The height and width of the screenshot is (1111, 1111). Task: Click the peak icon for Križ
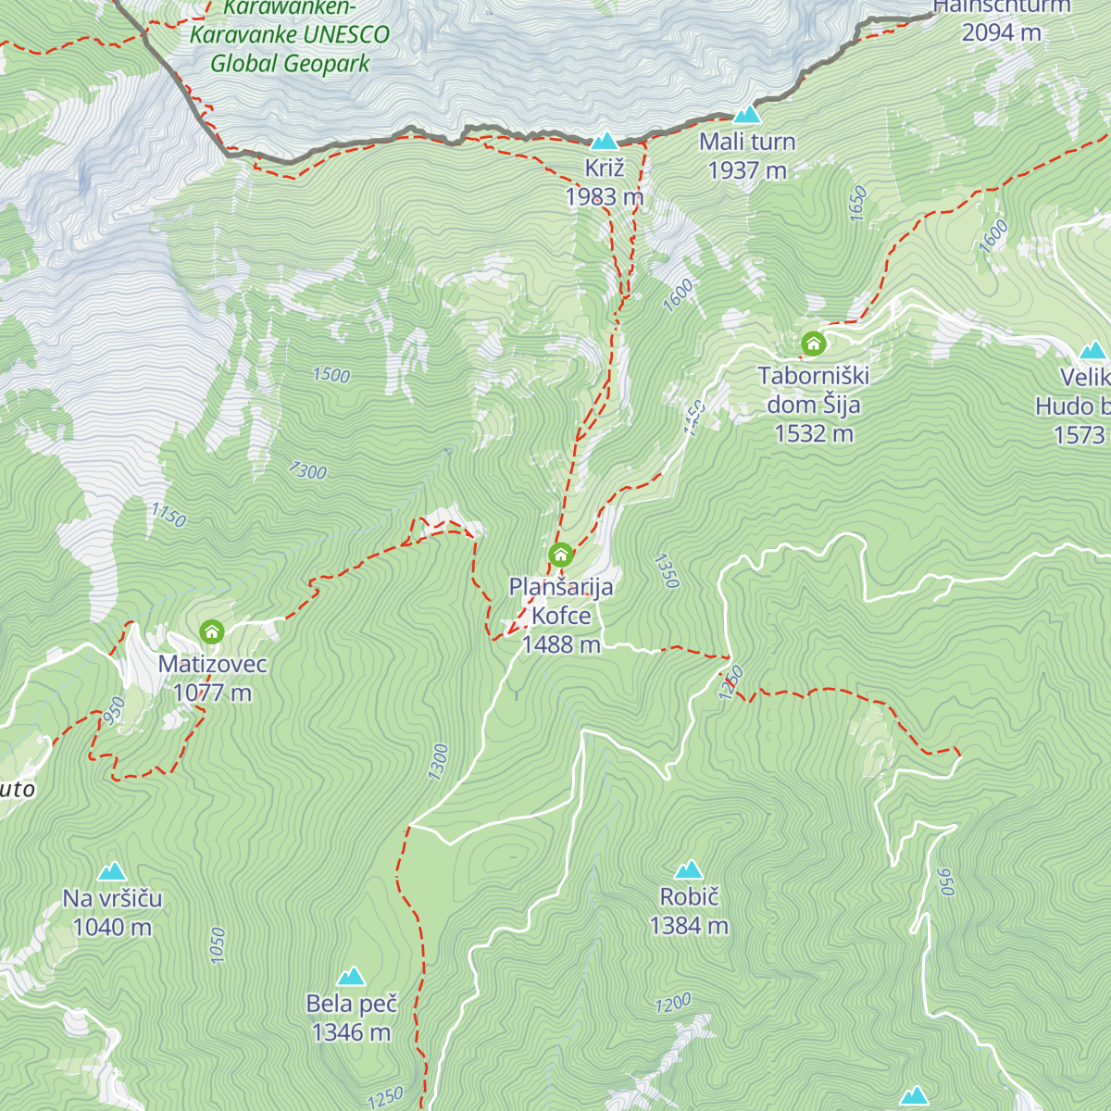[x=605, y=141]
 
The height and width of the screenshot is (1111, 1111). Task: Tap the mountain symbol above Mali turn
[x=747, y=115]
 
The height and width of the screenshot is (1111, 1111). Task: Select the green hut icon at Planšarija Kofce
[x=560, y=555]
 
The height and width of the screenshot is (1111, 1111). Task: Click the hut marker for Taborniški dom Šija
[x=814, y=344]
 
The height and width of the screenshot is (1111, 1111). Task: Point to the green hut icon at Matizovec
[x=212, y=632]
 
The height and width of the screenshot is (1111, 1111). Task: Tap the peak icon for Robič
[x=689, y=869]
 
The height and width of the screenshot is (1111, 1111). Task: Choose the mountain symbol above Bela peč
[x=351, y=976]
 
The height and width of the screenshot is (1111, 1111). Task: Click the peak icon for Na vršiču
[x=112, y=871]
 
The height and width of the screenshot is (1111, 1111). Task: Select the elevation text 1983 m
[x=605, y=197]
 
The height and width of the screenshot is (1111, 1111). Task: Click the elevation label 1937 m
[x=747, y=170]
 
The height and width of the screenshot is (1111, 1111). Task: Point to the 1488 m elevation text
[x=561, y=644]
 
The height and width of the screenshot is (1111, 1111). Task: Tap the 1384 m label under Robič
[x=689, y=926]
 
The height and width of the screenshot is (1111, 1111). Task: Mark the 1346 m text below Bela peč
[x=352, y=1032]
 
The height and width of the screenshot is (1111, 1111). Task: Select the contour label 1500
[x=331, y=375]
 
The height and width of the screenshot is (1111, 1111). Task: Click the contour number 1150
[x=169, y=515]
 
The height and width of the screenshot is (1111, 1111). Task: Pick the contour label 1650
[x=857, y=203]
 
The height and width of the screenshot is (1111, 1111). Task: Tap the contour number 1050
[x=218, y=945]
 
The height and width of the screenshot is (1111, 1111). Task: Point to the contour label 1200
[x=673, y=1004]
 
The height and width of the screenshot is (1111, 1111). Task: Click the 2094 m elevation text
[x=1001, y=33]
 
